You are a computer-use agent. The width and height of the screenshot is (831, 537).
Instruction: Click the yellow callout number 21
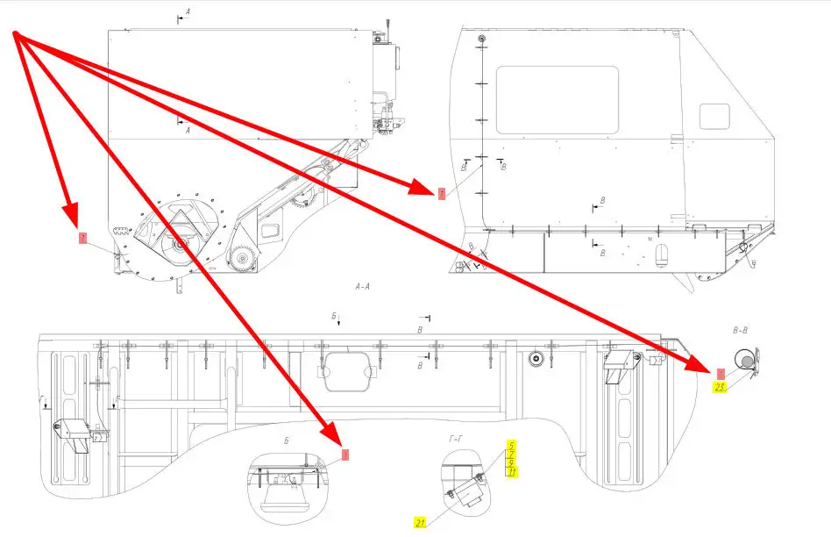(x=421, y=523)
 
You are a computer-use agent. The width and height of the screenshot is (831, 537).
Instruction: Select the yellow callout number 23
(x=720, y=387)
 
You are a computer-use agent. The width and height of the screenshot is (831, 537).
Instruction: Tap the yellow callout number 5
(x=511, y=445)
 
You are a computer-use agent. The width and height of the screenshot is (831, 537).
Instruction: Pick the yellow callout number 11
(x=512, y=472)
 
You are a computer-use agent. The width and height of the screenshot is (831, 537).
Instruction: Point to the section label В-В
(x=740, y=331)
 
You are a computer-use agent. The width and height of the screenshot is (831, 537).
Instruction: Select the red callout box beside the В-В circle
(x=721, y=373)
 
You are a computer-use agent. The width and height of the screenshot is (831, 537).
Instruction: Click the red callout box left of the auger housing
(x=82, y=238)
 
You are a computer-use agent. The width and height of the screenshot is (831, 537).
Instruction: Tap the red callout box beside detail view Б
(x=344, y=455)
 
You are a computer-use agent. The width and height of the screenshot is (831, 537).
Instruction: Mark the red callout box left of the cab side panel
(x=442, y=193)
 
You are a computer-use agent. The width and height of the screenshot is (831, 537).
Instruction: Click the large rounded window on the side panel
(x=557, y=99)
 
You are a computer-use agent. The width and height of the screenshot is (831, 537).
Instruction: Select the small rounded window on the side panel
(x=714, y=116)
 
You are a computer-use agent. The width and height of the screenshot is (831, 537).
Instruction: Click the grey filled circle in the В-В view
(x=744, y=360)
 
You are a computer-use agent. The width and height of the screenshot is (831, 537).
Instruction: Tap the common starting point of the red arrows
(x=15, y=34)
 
